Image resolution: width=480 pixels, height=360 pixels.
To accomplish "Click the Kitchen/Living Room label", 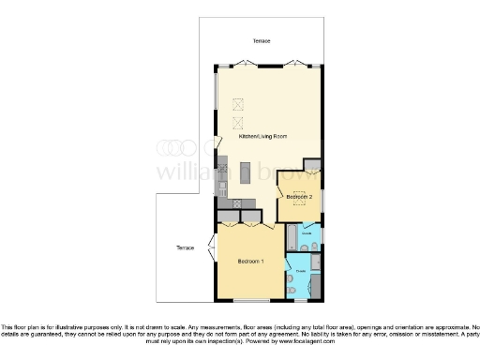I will tap(262, 137).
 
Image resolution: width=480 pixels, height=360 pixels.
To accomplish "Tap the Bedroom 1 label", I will tap(250, 260).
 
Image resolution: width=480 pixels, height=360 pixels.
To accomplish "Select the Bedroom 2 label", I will tap(299, 196).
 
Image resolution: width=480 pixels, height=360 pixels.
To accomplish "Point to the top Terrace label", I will tap(262, 42).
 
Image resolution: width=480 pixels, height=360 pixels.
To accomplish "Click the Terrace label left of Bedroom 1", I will tap(185, 247).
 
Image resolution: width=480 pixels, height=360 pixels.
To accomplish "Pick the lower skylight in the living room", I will tap(236, 121).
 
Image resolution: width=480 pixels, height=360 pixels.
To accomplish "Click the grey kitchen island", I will tap(246, 173).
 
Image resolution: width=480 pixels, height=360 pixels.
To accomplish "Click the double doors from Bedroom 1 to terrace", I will tap(214, 248).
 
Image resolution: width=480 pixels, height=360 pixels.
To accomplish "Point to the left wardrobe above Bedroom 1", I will tap(230, 216).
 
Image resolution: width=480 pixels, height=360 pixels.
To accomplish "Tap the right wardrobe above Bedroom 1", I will tap(251, 216).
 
